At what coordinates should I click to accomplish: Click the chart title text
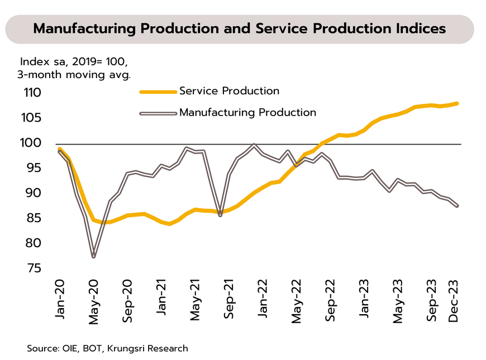pos(240,29)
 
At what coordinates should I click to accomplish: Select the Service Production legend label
pos(229,91)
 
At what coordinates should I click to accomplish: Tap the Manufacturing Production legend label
pos(247,112)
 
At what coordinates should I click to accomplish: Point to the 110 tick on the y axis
pos(32,93)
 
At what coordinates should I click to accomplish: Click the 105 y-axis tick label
pos(32,118)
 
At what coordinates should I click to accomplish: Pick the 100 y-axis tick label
pos(32,143)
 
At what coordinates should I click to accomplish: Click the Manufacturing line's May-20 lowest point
pos(93,257)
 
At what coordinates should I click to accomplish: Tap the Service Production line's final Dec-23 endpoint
pos(458,103)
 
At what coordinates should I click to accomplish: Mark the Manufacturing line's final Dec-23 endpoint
pos(458,206)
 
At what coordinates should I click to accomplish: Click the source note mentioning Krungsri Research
pos(107,348)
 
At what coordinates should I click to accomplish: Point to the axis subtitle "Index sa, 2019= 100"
pos(78,61)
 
